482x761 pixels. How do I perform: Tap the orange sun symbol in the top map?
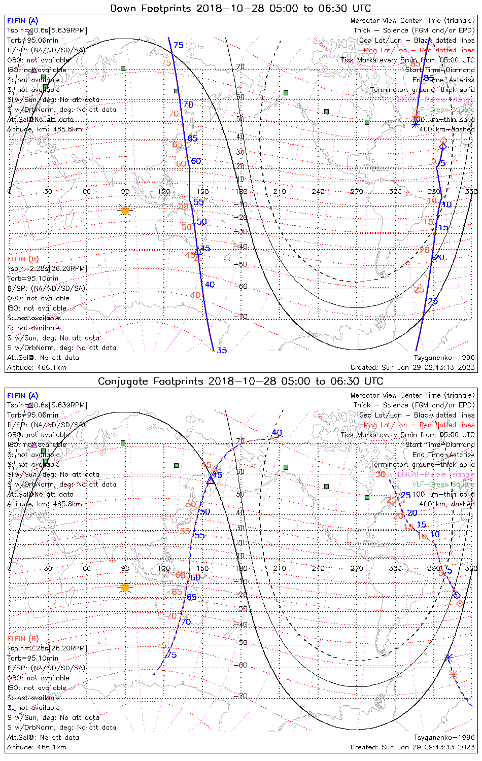tap(125, 210)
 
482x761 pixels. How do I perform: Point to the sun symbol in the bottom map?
tap(125, 587)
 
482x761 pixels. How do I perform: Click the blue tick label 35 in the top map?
tap(222, 350)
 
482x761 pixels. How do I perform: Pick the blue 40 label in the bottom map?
tap(277, 433)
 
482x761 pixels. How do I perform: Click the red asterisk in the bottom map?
tap(454, 674)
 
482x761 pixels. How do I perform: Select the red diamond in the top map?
tap(443, 140)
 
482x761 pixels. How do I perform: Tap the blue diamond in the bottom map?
tap(456, 594)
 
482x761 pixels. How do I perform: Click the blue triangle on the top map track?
tap(198, 251)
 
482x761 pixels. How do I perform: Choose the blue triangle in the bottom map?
tap(211, 479)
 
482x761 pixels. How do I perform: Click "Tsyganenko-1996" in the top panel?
tap(444, 358)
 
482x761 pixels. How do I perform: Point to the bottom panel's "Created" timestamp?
tap(412, 747)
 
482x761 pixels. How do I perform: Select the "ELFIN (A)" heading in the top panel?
tap(22, 21)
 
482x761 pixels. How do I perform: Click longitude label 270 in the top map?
tap(357, 191)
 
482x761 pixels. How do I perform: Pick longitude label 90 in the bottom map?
tap(125, 568)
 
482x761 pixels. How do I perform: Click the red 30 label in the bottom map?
tap(381, 474)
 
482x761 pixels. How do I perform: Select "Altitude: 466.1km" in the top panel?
tap(37, 367)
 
